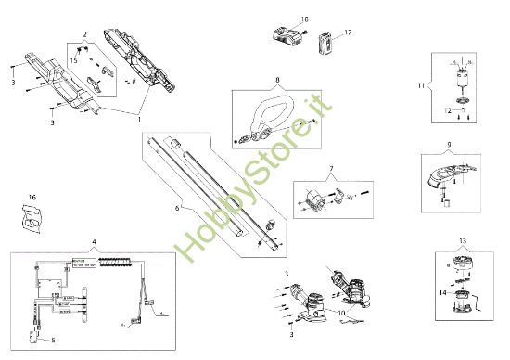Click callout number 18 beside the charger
click(x=304, y=19)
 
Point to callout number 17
click(x=349, y=32)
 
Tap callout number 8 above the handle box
click(x=276, y=81)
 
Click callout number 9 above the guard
click(x=448, y=144)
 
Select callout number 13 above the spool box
click(x=463, y=239)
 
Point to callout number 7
click(x=330, y=169)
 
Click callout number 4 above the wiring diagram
click(x=93, y=243)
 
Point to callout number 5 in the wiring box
click(x=52, y=341)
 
